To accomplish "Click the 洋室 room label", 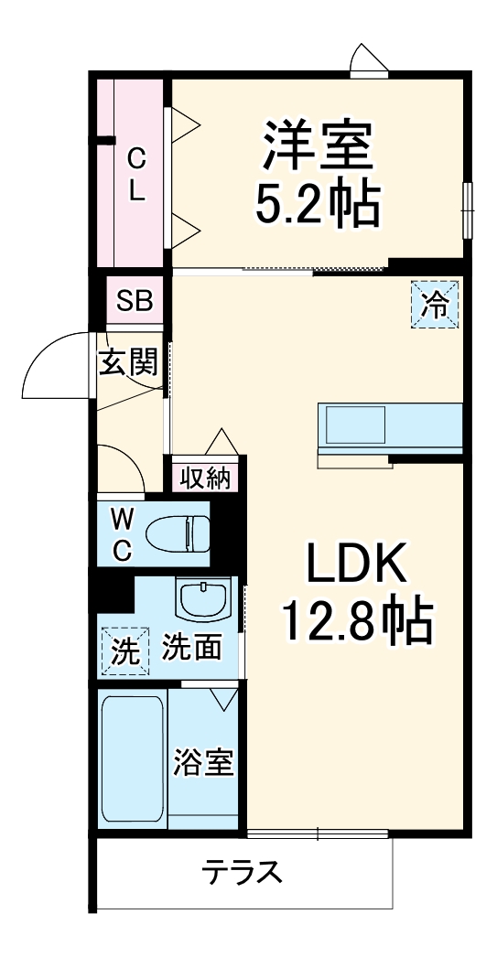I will (x=319, y=149).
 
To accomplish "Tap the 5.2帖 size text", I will (x=317, y=207).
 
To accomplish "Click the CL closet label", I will (x=135, y=176).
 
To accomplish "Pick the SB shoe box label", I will (x=134, y=301).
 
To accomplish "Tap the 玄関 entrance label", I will (x=128, y=362).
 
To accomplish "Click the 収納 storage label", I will (x=204, y=477).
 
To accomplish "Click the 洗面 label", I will (x=192, y=648).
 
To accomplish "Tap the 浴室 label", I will (x=204, y=763).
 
